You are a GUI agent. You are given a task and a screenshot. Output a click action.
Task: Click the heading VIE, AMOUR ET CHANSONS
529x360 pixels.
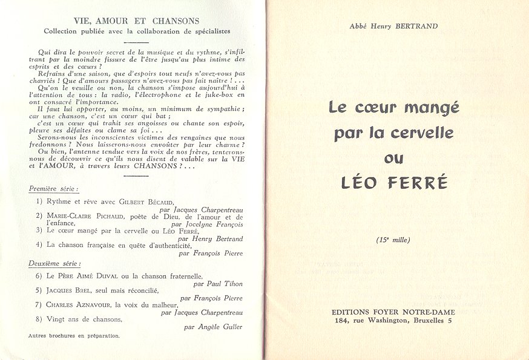136,21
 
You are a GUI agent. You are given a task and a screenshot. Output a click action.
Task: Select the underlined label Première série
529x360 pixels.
54,189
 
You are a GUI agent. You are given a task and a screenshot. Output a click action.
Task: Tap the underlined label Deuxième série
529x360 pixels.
54,263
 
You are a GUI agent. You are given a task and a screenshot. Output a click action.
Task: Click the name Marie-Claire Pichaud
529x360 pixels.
81,216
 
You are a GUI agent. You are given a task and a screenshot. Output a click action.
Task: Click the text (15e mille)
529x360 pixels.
393,240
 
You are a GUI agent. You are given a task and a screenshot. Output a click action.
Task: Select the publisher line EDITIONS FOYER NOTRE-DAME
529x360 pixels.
393,312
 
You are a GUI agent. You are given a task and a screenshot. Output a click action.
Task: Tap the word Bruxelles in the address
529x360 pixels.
430,321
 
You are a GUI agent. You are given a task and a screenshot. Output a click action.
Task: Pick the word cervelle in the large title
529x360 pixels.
424,133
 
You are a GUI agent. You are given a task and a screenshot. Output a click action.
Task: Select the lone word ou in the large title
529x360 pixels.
393,158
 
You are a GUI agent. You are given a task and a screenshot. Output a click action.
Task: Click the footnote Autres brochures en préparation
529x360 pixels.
74,335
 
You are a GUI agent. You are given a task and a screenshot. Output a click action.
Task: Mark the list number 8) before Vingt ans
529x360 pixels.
39,319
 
